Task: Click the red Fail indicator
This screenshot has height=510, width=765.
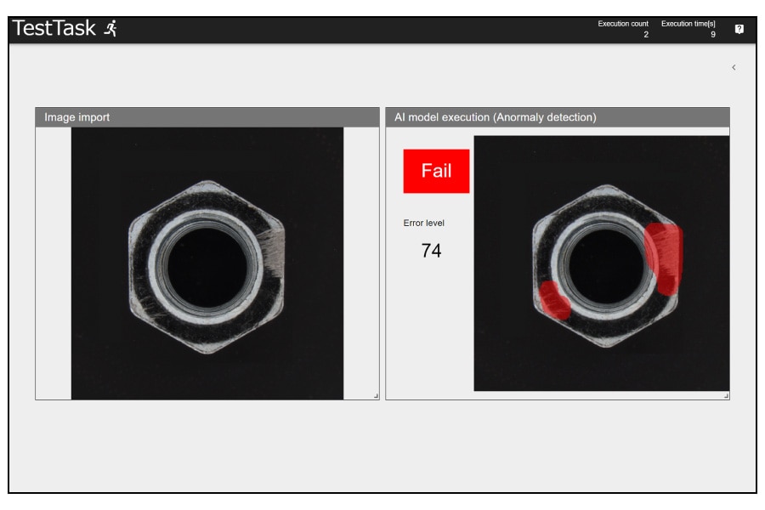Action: pyautogui.click(x=436, y=171)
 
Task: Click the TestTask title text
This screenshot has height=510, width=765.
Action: pyautogui.click(x=54, y=28)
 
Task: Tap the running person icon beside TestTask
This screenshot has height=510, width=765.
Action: pyautogui.click(x=111, y=28)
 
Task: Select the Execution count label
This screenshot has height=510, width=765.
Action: pyautogui.click(x=623, y=24)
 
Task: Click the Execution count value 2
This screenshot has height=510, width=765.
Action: pyautogui.click(x=646, y=35)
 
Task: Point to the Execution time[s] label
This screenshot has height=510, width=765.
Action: pyautogui.click(x=688, y=24)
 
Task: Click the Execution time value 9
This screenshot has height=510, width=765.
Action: pyautogui.click(x=713, y=35)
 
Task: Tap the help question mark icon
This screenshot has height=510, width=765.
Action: pyautogui.click(x=739, y=29)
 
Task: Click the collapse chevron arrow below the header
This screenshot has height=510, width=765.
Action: pyautogui.click(x=734, y=67)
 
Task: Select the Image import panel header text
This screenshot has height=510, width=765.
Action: pyautogui.click(x=77, y=117)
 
